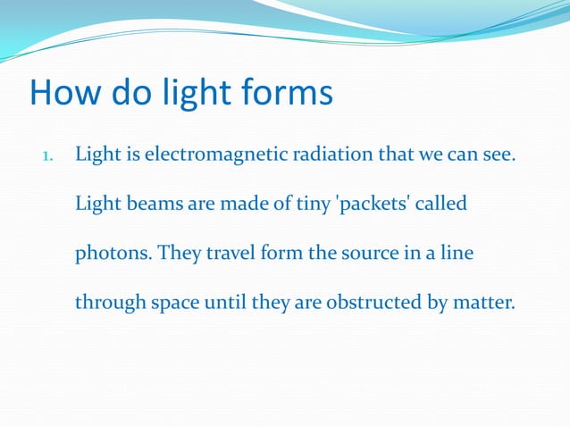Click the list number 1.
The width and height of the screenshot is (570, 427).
(48, 157)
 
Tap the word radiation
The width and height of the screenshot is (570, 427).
(324, 155)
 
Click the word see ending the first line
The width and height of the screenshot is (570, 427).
(497, 155)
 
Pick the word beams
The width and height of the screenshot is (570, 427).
(146, 205)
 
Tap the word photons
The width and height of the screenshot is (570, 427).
(115, 254)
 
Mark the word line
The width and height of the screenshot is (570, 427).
(456, 254)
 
